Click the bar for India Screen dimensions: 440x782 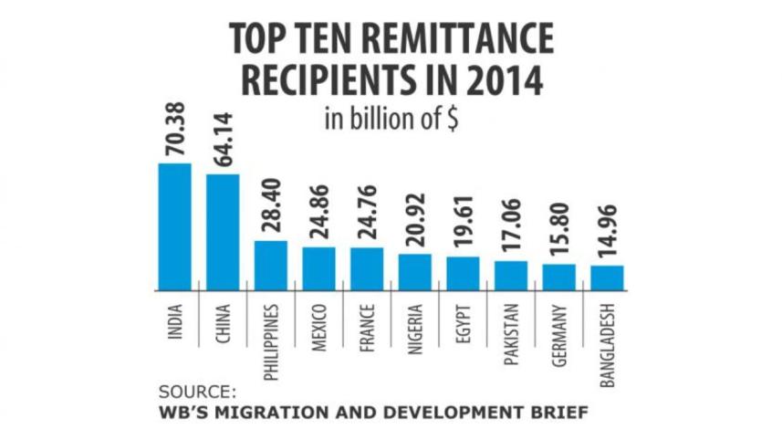174,226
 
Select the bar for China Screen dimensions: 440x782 223,232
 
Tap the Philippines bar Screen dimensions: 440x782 271,265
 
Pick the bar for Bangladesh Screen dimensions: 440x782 607,278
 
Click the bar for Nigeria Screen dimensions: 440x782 415,272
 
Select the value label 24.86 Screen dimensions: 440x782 319,217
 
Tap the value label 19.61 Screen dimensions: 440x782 464,227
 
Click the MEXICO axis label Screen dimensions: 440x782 319,323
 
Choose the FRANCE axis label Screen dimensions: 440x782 368,322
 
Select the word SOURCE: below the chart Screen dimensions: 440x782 197,392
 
